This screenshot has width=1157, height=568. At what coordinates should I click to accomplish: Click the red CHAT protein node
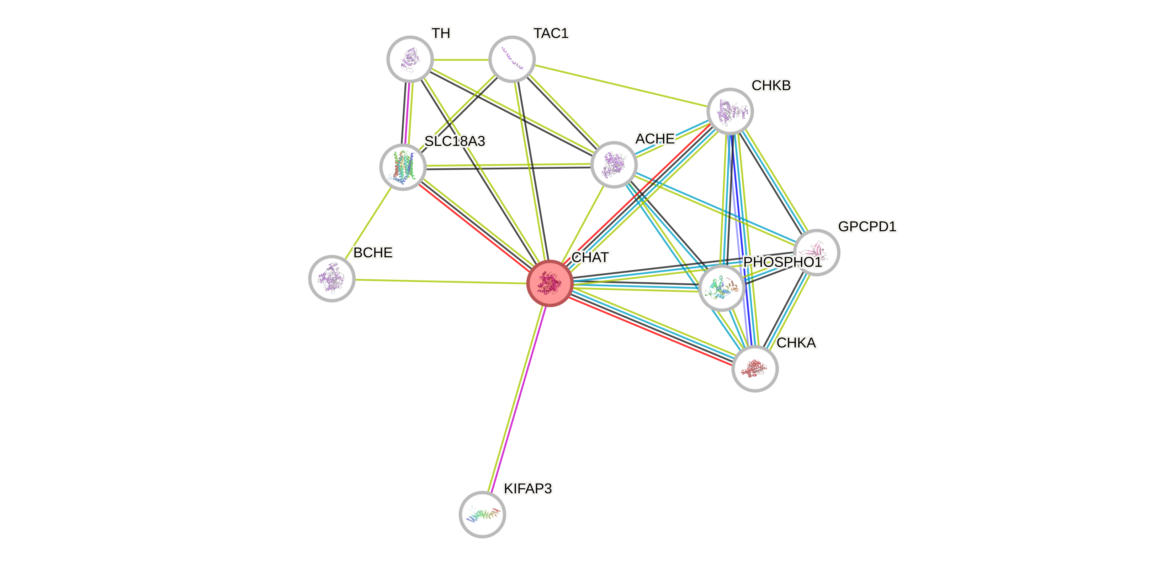pyautogui.click(x=549, y=283)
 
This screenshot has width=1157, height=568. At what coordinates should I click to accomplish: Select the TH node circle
pyautogui.click(x=410, y=59)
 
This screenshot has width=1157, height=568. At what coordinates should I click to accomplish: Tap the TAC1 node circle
pyautogui.click(x=511, y=59)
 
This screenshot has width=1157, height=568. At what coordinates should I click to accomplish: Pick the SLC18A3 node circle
pyautogui.click(x=402, y=167)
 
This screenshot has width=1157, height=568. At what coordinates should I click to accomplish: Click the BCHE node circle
pyautogui.click(x=331, y=279)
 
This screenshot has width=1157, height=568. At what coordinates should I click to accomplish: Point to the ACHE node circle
pyautogui.click(x=614, y=164)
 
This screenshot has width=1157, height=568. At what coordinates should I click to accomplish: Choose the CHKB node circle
pyautogui.click(x=730, y=111)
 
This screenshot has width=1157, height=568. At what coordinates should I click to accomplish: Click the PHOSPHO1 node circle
pyautogui.click(x=721, y=288)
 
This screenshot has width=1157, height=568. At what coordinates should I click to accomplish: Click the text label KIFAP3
pyautogui.click(x=528, y=489)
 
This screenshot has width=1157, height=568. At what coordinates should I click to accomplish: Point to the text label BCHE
pyautogui.click(x=373, y=253)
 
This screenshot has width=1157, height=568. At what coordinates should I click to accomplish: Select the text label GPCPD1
pyautogui.click(x=867, y=226)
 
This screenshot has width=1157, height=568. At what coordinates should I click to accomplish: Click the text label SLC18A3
pyautogui.click(x=455, y=141)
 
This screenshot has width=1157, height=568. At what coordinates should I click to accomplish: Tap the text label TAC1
pyautogui.click(x=551, y=33)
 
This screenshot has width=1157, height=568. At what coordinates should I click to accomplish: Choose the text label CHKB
pyautogui.click(x=771, y=85)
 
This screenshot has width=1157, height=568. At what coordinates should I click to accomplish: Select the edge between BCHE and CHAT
pyautogui.click(x=440, y=281)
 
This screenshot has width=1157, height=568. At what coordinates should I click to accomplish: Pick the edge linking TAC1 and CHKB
pyautogui.click(x=620, y=85)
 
